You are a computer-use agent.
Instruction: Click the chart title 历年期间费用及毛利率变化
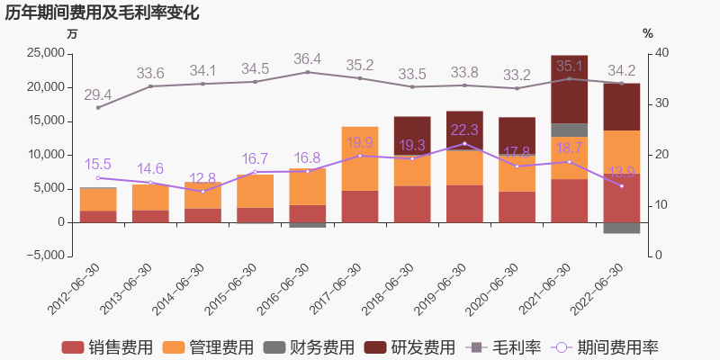click(103, 13)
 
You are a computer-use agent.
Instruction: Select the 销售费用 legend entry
click(107, 347)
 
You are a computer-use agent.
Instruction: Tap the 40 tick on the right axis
click(662, 54)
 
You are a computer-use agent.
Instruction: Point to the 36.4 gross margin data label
click(307, 58)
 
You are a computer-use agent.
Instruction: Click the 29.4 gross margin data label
click(98, 94)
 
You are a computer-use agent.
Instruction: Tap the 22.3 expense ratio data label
click(464, 130)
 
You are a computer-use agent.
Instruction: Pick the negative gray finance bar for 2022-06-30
click(622, 228)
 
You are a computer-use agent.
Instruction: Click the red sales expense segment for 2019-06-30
click(464, 203)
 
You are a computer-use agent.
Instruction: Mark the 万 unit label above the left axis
click(72, 34)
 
